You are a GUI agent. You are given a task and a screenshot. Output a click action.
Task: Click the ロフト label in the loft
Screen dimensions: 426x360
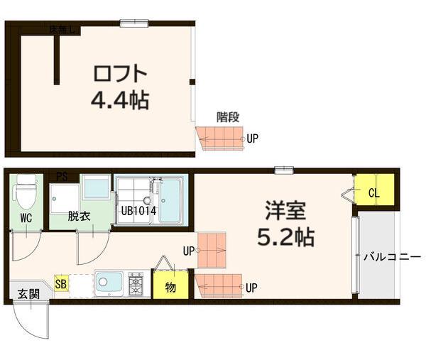click(120, 74)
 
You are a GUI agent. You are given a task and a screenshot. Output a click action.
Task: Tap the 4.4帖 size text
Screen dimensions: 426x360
click(120, 101)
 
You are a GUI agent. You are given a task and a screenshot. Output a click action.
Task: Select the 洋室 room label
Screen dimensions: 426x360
click(285, 210)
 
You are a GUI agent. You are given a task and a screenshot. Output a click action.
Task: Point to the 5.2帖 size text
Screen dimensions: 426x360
click(285, 237)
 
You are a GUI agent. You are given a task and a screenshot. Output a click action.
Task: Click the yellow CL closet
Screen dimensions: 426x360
click(375, 190)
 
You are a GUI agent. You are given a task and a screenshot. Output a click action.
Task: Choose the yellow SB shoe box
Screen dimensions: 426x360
click(61, 283)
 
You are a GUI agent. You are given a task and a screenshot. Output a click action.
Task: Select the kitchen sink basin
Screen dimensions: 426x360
click(109, 283)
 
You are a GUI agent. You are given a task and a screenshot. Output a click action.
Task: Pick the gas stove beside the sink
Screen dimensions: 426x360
click(136, 283)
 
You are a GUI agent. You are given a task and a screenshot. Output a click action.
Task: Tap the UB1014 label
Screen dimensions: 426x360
click(138, 211)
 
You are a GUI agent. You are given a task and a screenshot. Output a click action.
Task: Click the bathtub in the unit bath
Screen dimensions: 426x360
click(170, 200)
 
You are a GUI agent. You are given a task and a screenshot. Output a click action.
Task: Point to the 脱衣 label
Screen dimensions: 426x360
click(79, 217)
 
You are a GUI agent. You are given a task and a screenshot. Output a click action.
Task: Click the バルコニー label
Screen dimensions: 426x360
click(392, 257)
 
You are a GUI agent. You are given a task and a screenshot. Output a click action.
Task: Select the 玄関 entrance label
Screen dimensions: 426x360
click(28, 294)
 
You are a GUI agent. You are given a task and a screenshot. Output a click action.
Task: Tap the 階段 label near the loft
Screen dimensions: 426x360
click(228, 117)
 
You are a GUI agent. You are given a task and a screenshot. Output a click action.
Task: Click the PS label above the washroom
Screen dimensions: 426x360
click(62, 177)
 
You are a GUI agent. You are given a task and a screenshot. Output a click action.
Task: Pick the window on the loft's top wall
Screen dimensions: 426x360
click(134, 23)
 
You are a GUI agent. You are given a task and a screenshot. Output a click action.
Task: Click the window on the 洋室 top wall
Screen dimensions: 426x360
click(284, 170)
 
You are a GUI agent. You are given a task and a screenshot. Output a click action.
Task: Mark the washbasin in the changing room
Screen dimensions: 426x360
click(97, 187)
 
